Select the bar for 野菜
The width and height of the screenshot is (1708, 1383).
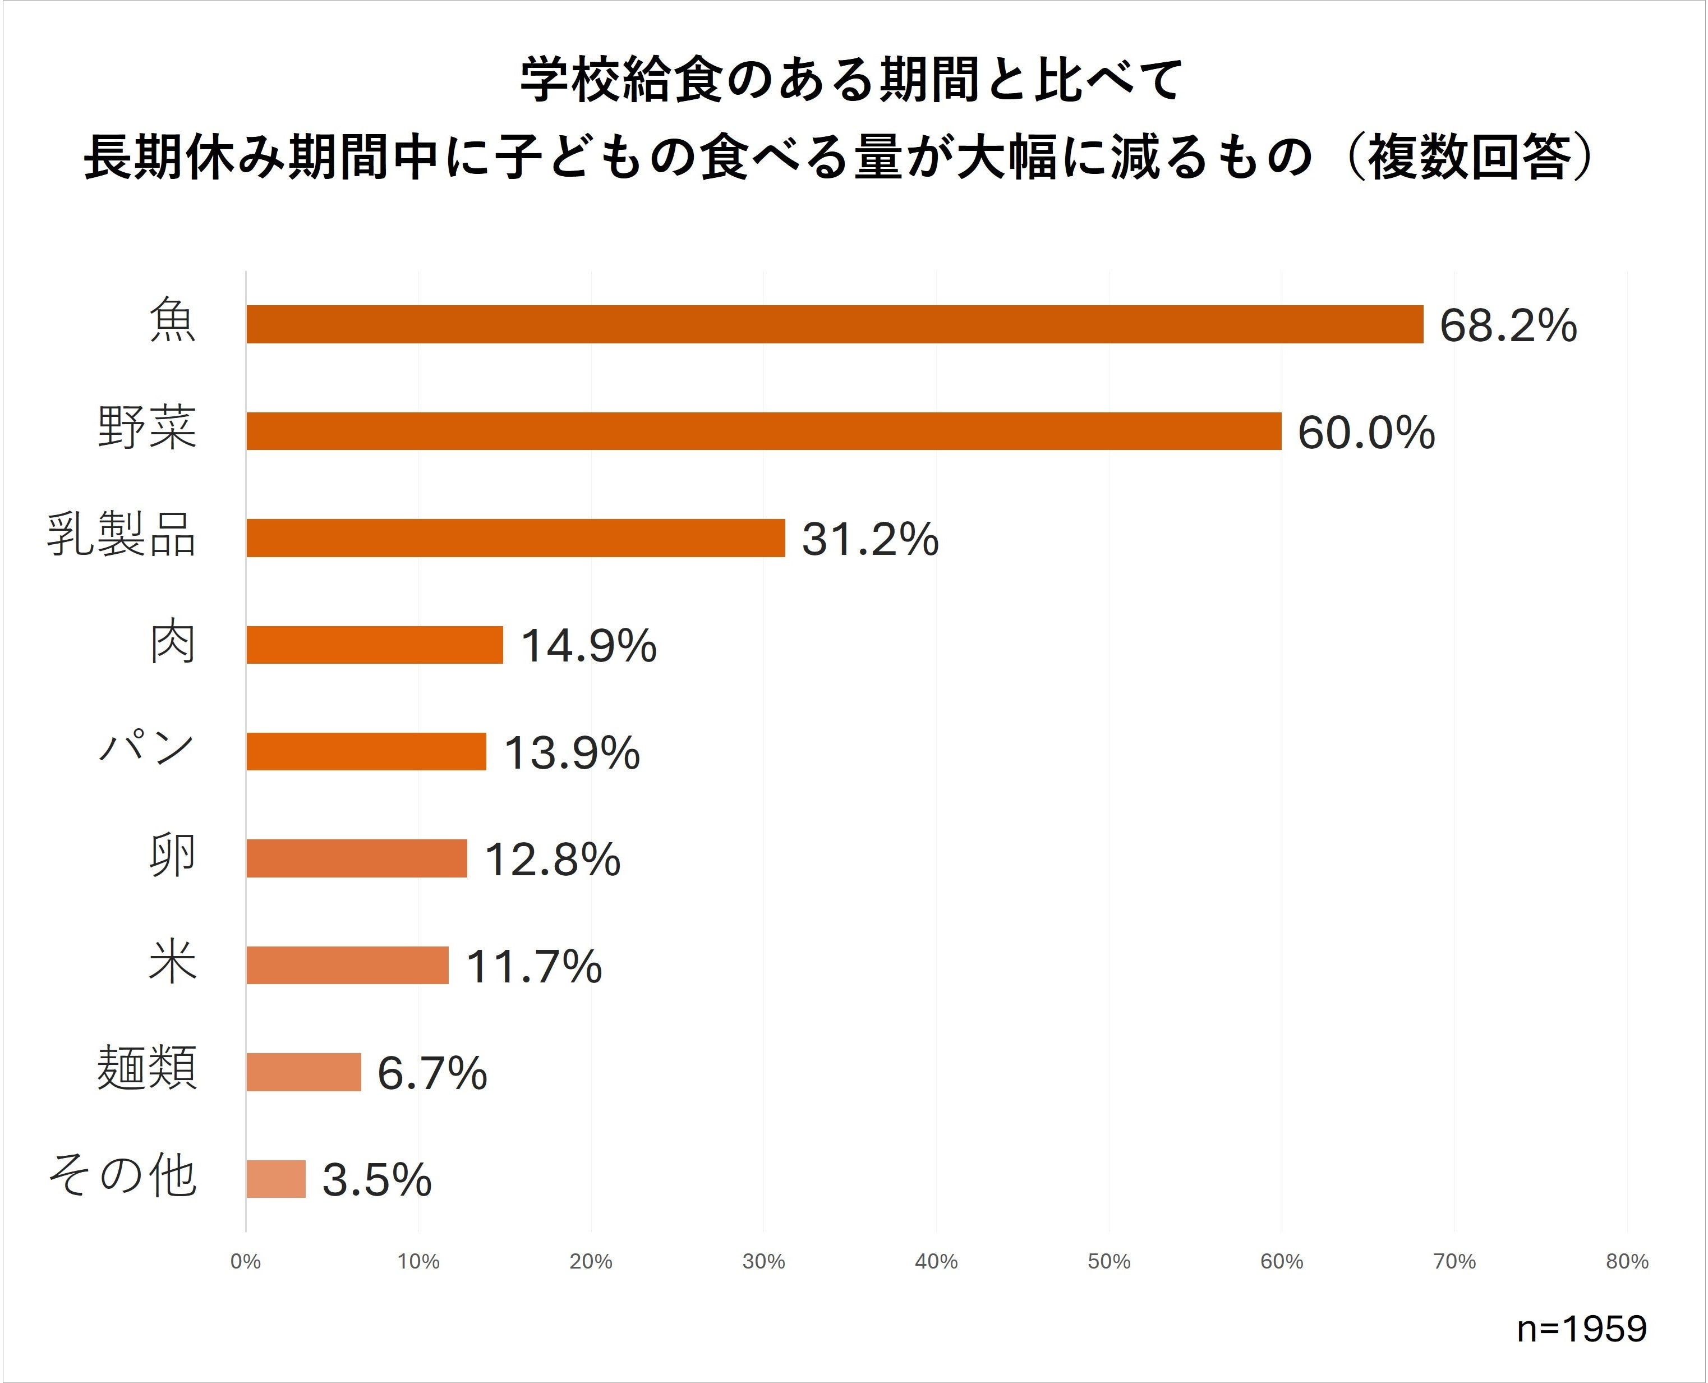pos(763,431)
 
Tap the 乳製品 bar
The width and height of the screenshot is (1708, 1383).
pos(515,537)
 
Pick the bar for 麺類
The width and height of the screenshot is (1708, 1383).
pos(303,1072)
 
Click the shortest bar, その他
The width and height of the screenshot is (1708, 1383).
pos(275,1178)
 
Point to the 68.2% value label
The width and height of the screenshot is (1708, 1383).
pos(1507,326)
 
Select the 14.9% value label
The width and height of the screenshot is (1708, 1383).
pos(588,646)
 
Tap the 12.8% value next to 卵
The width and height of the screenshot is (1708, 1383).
pos(552,860)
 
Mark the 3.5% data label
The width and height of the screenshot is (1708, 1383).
pos(376,1180)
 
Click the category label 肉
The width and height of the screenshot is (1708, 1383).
pos(172,644)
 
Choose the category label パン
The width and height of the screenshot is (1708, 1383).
pos(146,749)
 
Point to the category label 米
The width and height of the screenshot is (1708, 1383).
pos(172,963)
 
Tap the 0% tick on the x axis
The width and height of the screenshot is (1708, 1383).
pos(246,1262)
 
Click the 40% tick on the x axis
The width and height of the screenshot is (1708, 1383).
pos(936,1262)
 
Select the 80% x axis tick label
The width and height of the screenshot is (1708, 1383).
pos(1627,1262)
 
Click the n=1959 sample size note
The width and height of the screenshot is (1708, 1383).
pos(1581,1329)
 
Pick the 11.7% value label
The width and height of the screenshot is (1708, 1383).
pos(533,966)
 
